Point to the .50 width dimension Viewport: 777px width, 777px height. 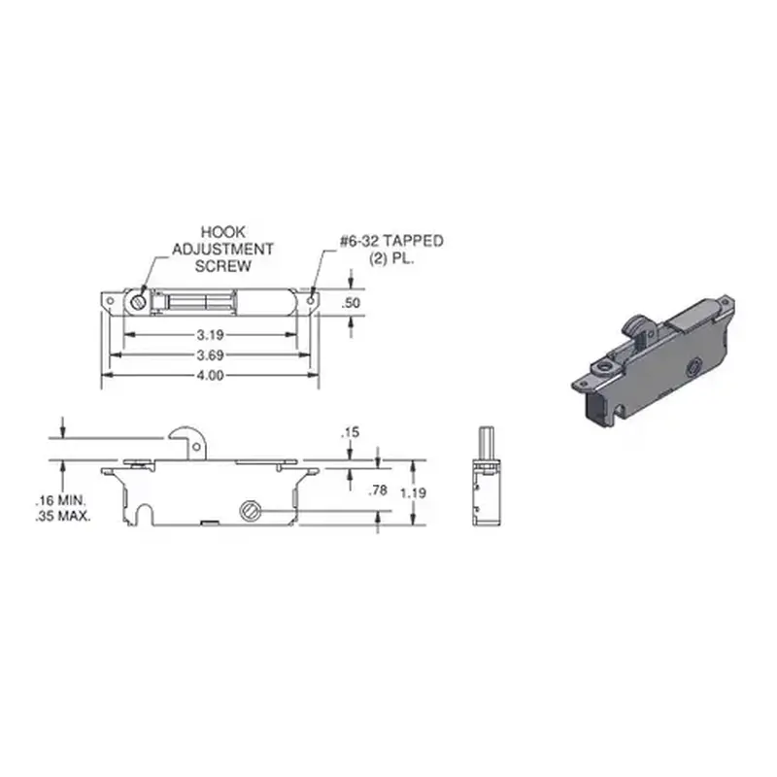352,303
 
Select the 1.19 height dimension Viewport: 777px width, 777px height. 417,491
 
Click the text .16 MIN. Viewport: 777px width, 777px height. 64,501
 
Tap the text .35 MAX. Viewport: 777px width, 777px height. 64,517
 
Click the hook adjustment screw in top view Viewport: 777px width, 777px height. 140,301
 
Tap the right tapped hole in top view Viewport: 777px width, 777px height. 311,301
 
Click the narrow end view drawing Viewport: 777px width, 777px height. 488,476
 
